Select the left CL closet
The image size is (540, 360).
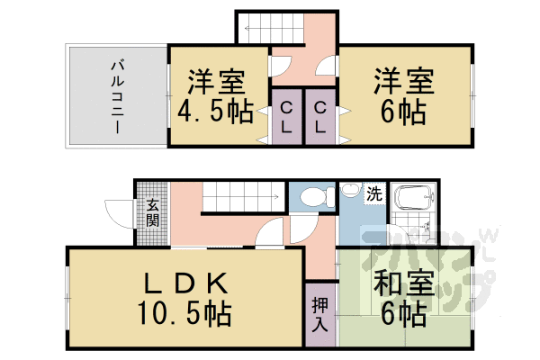pyautogui.click(x=285, y=117)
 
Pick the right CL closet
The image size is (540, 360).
pyautogui.click(x=319, y=117)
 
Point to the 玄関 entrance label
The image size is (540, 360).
pyautogui.click(x=152, y=214)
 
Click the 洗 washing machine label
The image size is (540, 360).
pyautogui.click(x=373, y=193)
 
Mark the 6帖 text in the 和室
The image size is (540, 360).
pyautogui.click(x=396, y=315)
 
